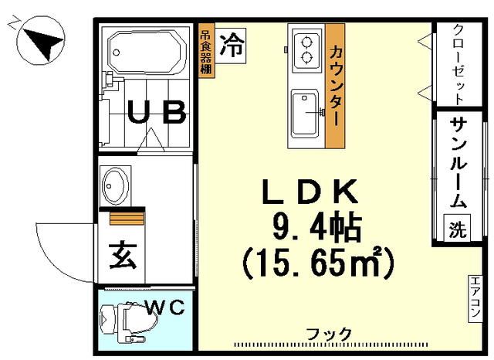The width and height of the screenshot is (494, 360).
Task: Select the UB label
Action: coord(157,114)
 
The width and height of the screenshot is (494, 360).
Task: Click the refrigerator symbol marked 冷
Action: coord(231,44)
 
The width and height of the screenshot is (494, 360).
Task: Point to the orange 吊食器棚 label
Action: coord(206,53)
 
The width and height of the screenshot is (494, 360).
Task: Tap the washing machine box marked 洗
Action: coord(458,229)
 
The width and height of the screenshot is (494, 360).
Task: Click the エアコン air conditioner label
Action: coord(475,301)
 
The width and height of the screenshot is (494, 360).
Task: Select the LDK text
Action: coord(313,190)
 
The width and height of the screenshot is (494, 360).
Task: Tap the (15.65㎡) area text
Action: coord(317,263)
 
